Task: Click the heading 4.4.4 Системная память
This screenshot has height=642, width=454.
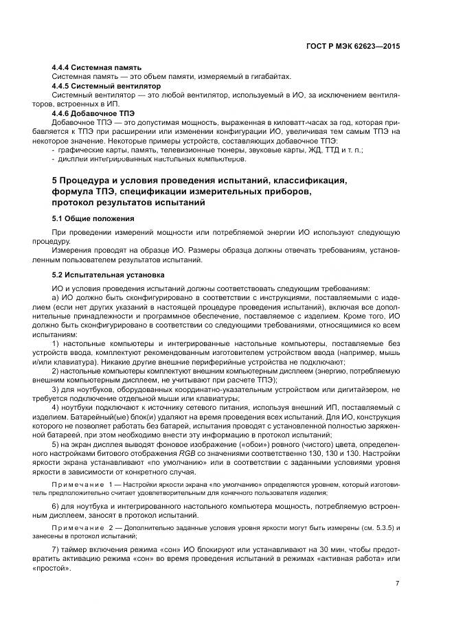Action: click(97, 67)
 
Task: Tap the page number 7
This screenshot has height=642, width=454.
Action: click(398, 582)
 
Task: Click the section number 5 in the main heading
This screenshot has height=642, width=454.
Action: click(55, 181)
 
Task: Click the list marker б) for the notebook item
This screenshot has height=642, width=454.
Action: click(56, 506)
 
